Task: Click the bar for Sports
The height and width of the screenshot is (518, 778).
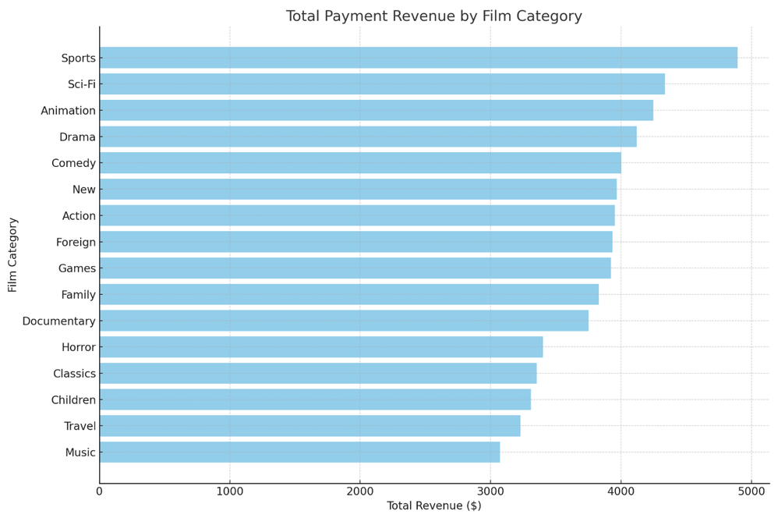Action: (418, 58)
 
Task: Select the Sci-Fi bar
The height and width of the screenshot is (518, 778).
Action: (382, 84)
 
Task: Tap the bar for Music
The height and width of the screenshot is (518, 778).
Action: (299, 452)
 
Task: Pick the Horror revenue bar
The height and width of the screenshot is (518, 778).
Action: (321, 347)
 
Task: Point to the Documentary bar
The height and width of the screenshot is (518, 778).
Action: (344, 321)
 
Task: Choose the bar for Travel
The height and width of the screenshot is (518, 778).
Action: (309, 426)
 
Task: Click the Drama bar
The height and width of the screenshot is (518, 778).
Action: (368, 137)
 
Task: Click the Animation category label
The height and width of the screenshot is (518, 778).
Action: (69, 111)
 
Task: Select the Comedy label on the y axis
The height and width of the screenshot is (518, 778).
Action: (74, 164)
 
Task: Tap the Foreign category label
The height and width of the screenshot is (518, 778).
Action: (76, 243)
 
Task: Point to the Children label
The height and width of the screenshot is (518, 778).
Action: (73, 400)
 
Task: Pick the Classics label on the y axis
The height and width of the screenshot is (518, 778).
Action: (75, 374)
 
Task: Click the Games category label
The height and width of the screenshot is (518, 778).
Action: (77, 269)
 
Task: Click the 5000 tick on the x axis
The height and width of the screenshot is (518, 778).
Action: (751, 491)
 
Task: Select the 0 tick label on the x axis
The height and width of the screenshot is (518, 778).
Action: (99, 491)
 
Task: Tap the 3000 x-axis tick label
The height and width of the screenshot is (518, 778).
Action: (490, 491)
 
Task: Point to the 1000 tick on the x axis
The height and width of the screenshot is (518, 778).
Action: (229, 491)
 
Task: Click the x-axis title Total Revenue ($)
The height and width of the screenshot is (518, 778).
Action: (434, 506)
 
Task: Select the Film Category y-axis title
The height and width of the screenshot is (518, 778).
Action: (13, 255)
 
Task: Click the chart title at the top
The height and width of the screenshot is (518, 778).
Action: (434, 16)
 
